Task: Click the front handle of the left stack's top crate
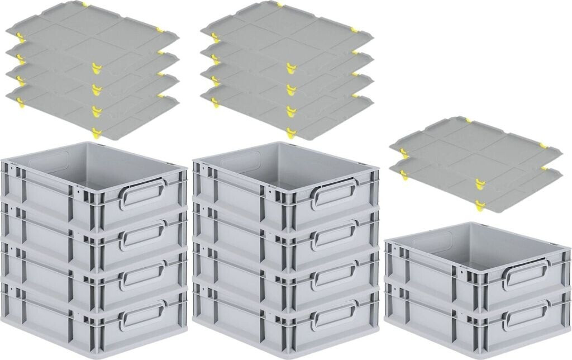[x=142, y=193]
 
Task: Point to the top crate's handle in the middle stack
[x=334, y=194]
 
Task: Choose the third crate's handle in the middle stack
[x=334, y=274]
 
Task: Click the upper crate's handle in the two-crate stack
[x=525, y=274]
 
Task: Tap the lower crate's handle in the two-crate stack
[x=525, y=315]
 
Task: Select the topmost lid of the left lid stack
[x=92, y=25]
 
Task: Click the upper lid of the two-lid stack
[x=475, y=143]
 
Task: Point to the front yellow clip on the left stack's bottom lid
[x=97, y=132]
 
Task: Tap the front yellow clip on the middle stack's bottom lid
[x=291, y=132]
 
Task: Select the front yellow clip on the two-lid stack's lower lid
[x=479, y=205]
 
